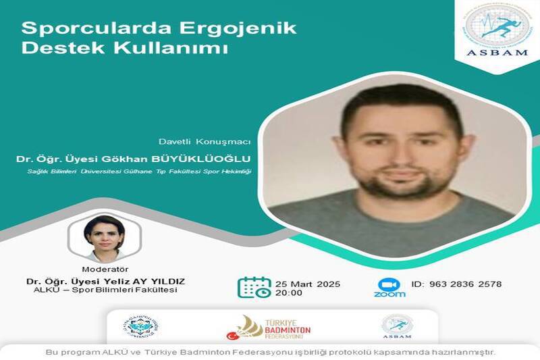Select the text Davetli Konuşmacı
pos(205,141)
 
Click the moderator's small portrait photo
pos(104,238)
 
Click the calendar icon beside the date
pos(254,286)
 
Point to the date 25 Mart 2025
pos(308,283)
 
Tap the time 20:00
pos(288,293)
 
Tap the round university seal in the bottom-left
pos(140,326)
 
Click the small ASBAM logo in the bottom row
pos(397,327)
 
